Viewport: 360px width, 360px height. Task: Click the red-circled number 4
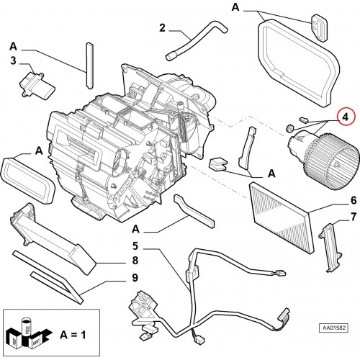click(345, 117)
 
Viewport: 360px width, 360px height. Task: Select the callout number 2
click(162, 28)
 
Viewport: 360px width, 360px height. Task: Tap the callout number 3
click(13, 60)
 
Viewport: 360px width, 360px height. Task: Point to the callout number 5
click(135, 246)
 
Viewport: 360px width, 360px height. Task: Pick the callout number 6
click(354, 200)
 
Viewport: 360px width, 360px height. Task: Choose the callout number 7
click(354, 217)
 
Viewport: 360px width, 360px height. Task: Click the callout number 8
click(135, 261)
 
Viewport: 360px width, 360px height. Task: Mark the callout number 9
click(135, 278)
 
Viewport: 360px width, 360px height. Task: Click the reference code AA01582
click(333, 328)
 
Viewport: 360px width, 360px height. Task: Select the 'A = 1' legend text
click(73, 335)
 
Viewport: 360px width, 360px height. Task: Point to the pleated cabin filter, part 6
click(282, 217)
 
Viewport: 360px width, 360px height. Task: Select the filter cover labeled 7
click(330, 247)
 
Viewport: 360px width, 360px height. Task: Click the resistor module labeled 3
click(37, 85)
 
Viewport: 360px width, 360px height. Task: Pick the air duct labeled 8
click(53, 238)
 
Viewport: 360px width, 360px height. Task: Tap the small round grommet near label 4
click(290, 128)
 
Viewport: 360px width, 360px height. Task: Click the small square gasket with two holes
click(320, 28)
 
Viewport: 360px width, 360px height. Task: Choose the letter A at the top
click(235, 7)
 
